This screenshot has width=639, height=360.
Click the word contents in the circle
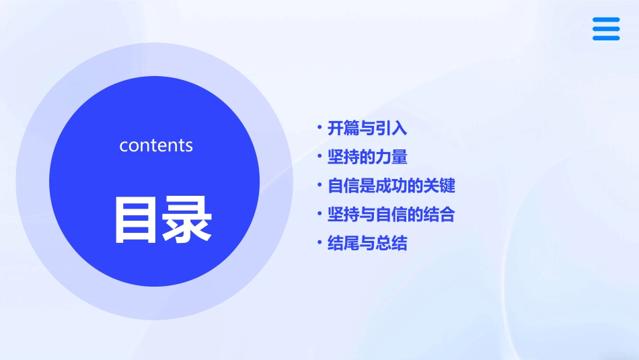click(x=156, y=145)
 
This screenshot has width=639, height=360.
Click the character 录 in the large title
click(x=185, y=219)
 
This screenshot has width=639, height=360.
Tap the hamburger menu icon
click(x=606, y=29)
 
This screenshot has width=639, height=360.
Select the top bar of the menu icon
click(x=606, y=20)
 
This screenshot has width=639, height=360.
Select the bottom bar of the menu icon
click(x=606, y=38)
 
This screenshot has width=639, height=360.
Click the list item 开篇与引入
click(x=367, y=128)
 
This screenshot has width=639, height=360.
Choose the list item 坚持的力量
click(x=367, y=157)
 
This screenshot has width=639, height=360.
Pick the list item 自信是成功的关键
click(x=391, y=186)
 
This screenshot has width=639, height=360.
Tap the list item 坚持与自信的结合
click(x=391, y=215)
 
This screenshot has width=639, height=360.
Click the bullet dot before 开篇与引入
click(x=319, y=126)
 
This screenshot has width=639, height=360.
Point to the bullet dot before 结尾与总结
click(x=319, y=242)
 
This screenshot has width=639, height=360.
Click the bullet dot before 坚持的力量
click(x=319, y=155)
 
